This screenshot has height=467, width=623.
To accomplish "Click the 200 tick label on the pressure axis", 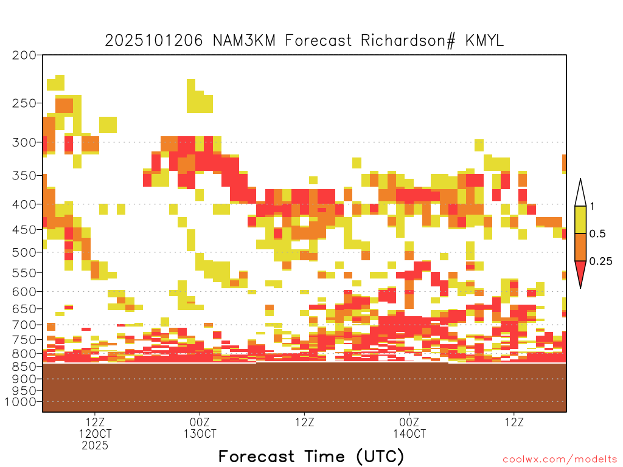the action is (x=24, y=55).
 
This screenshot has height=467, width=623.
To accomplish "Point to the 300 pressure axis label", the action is (x=24, y=142).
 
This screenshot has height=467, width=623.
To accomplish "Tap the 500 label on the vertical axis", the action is (x=24, y=252).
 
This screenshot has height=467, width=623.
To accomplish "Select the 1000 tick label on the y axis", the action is (x=21, y=402).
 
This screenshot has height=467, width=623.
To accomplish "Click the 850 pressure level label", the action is (x=24, y=366).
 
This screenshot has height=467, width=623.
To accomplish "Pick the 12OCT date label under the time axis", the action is (x=95, y=434).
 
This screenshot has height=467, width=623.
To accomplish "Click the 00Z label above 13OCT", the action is (x=200, y=422).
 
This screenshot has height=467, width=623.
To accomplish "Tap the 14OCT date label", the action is (x=409, y=434).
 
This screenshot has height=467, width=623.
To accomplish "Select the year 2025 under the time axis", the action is (x=95, y=446).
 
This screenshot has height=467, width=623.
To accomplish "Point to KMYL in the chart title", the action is (x=484, y=41).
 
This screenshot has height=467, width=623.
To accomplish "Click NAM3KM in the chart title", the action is (x=244, y=41).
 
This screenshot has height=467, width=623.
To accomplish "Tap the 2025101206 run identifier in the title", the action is (x=154, y=41).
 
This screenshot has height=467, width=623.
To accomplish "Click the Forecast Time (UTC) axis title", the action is (x=311, y=457).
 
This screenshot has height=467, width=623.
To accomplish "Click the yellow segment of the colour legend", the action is (x=580, y=220).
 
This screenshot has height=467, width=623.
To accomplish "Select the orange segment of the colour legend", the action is (x=580, y=247).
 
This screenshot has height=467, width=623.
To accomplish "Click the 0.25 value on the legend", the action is (x=600, y=261).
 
